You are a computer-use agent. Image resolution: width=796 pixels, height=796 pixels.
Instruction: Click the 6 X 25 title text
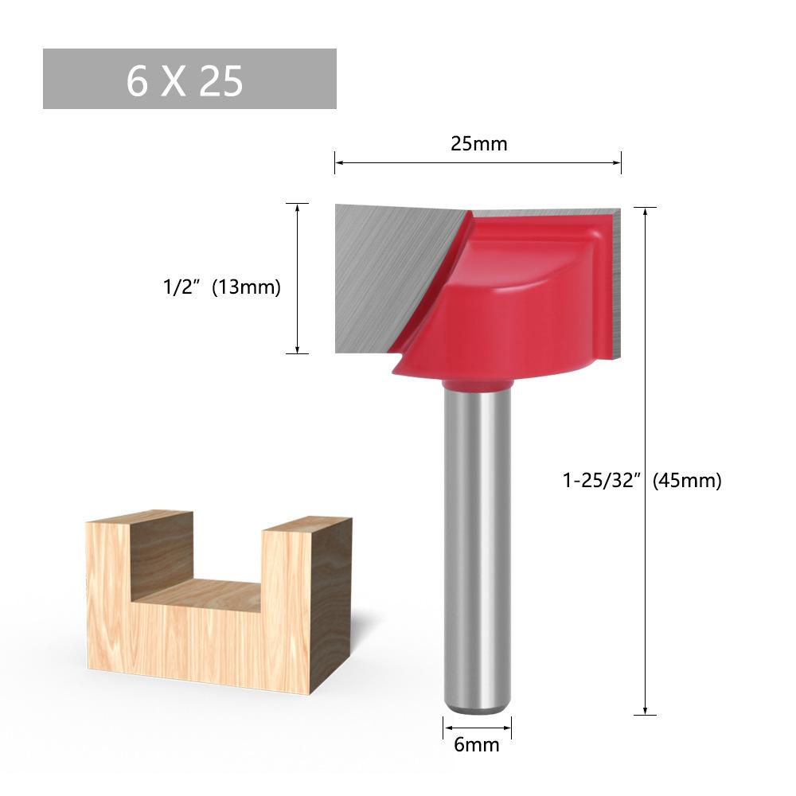[x=185, y=80]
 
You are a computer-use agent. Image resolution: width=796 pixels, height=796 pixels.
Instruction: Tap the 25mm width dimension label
[x=478, y=143]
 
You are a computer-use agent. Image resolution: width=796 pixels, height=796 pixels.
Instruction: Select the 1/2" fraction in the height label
[x=179, y=287]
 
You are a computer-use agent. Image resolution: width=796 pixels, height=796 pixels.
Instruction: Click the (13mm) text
[x=246, y=287]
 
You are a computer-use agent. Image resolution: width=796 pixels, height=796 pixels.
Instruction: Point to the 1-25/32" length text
[x=602, y=480]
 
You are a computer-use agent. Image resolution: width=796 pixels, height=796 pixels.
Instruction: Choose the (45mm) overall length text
[x=687, y=480]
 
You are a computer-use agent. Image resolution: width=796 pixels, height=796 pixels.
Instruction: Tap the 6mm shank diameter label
[x=476, y=745]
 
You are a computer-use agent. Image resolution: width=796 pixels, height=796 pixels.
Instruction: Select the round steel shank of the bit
[x=476, y=548]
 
